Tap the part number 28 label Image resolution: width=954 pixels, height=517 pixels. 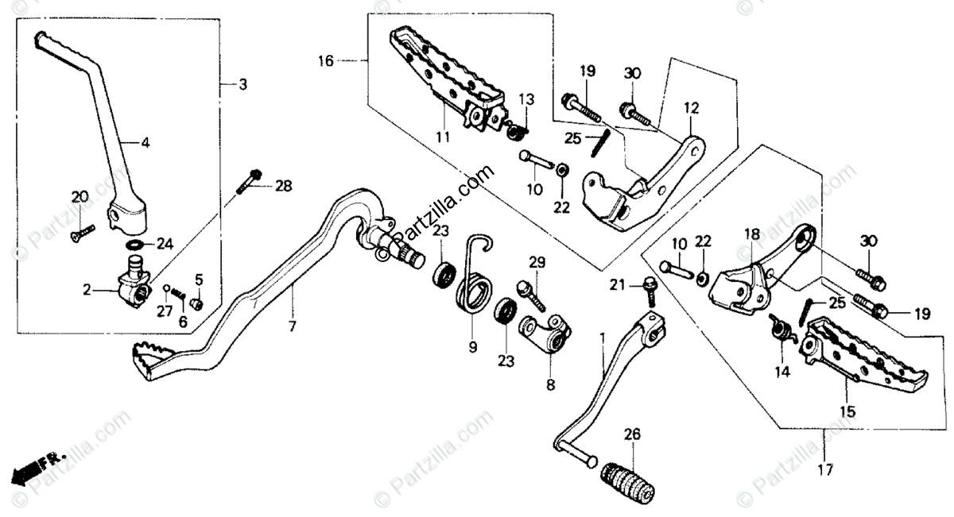click(x=283, y=186)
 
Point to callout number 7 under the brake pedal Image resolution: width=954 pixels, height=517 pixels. click(x=292, y=326)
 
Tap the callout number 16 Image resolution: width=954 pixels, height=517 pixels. click(x=326, y=61)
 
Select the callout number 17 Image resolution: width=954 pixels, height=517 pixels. click(x=825, y=470)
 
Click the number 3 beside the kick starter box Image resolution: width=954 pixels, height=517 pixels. click(x=242, y=85)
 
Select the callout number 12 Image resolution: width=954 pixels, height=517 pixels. click(x=691, y=108)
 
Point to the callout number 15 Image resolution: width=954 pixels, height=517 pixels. click(x=847, y=411)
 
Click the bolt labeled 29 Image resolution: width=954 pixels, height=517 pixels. click(x=531, y=295)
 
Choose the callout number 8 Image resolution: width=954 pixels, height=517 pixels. click(x=551, y=385)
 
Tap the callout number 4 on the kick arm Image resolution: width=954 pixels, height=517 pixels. click(x=145, y=142)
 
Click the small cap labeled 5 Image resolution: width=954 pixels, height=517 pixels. click(x=197, y=304)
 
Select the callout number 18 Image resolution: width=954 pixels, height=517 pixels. click(x=752, y=234)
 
